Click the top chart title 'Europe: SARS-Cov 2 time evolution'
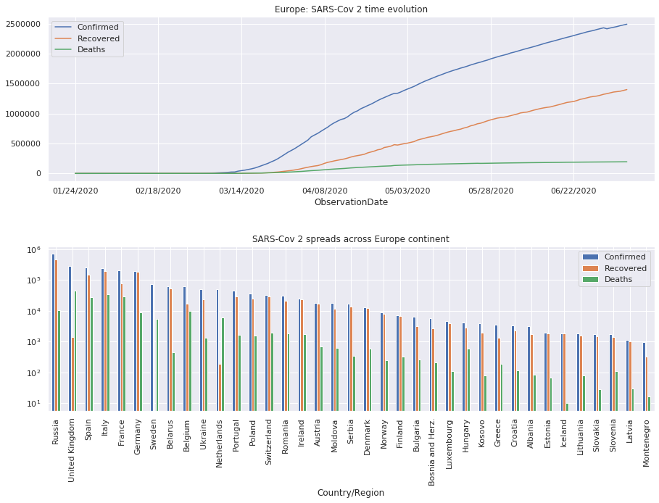pyautogui.click(x=351, y=9)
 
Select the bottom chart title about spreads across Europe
pyautogui.click(x=351, y=239)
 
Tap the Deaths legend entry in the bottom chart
pyautogui.click(x=619, y=280)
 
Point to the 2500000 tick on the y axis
pyautogui.click(x=23, y=24)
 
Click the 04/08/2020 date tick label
pyautogui.click(x=324, y=191)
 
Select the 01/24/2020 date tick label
pyautogui.click(x=75, y=191)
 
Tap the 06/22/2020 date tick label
pyautogui.click(x=573, y=191)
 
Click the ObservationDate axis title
pyautogui.click(x=351, y=202)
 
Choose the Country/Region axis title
pyautogui.click(x=351, y=493)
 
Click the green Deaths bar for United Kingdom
pyautogui.click(x=75, y=351)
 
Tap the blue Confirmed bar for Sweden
pyautogui.click(x=152, y=347)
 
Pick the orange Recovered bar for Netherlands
pyautogui.click(x=220, y=387)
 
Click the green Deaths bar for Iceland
pyautogui.click(x=568, y=407)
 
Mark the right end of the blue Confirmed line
pyautogui.click(x=627, y=24)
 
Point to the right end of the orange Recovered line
pyautogui.click(x=627, y=90)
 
